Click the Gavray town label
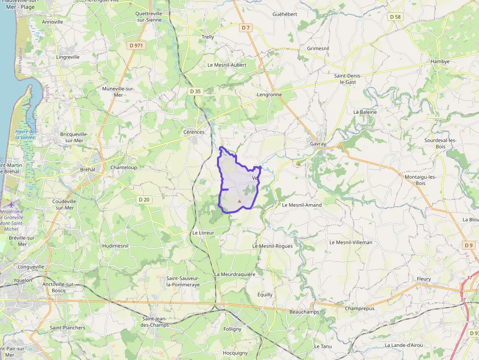(318, 144)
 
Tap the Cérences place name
(194, 132)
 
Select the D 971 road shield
(137, 45)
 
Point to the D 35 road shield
(196, 91)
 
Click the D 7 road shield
(246, 28)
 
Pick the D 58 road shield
(395, 17)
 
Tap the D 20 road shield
(144, 199)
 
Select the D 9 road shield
(469, 245)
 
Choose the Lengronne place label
(269, 94)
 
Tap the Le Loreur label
(203, 233)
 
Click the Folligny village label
(232, 329)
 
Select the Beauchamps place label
(304, 312)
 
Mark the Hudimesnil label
(115, 246)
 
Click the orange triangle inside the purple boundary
(239, 201)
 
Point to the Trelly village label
(208, 37)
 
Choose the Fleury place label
(424, 279)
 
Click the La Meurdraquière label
(235, 274)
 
